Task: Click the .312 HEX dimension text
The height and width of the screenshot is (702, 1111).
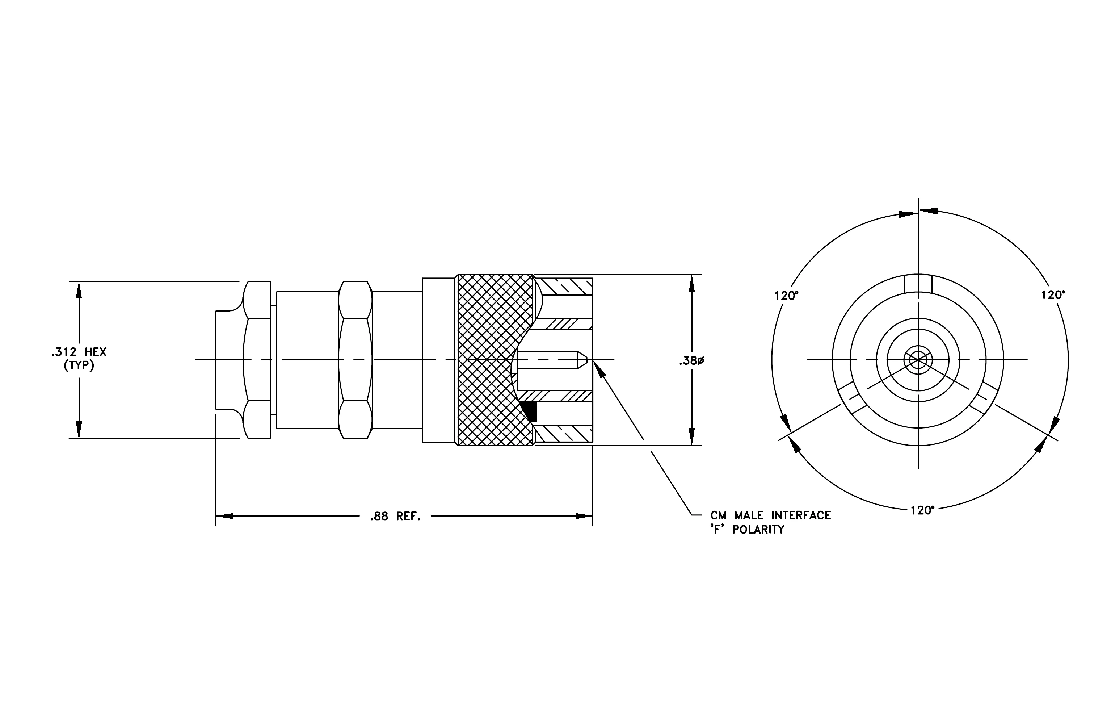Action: [79, 352]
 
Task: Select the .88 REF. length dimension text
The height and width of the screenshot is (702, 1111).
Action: [395, 517]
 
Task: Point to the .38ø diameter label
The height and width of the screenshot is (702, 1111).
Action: [691, 361]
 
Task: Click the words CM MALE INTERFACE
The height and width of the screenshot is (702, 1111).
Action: [770, 515]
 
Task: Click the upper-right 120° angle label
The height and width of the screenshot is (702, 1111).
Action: [1053, 295]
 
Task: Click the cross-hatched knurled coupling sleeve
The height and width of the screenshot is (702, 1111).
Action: [494, 360]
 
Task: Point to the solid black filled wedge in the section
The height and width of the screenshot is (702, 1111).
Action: [530, 411]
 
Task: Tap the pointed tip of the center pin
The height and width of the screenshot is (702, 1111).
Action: [587, 360]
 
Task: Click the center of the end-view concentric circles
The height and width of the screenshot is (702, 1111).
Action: [918, 360]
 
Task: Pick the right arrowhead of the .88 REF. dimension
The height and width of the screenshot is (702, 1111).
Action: [584, 516]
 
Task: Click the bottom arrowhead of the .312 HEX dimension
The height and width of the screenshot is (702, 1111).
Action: [79, 430]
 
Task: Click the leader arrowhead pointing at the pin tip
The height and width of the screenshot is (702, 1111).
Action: [598, 369]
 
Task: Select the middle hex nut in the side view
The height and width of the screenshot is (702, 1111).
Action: [355, 360]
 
